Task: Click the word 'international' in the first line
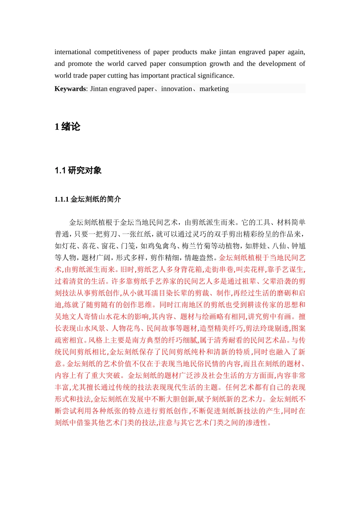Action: coord(73,52)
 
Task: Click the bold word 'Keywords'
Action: coord(70,89)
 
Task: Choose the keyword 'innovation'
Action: coord(177,89)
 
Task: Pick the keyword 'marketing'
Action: coord(214,89)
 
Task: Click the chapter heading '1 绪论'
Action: coord(67,126)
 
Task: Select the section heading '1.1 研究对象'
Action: coord(78,170)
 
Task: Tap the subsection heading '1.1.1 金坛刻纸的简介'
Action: coord(88,199)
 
